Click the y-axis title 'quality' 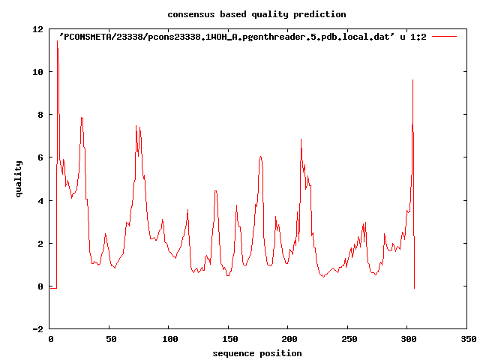[19, 180]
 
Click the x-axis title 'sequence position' [257, 353]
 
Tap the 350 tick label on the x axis [467, 339]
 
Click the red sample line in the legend [444, 36]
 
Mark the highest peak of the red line [57, 40]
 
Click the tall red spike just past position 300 [412, 80]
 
